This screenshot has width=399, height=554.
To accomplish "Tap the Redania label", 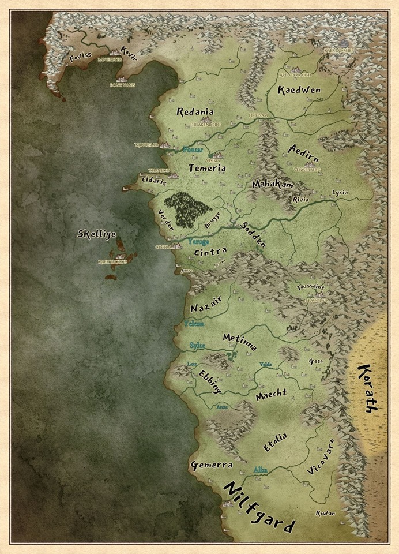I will click(195, 112).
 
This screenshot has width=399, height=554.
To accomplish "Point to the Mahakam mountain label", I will click(273, 185).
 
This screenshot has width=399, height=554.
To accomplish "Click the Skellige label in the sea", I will click(97, 234).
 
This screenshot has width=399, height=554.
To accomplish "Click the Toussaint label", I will click(311, 287).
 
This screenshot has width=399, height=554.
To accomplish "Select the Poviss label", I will click(80, 58).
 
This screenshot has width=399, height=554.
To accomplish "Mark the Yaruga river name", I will click(198, 242).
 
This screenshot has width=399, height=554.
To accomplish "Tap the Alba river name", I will click(261, 470).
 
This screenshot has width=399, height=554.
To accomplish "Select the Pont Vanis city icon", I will click(121, 78).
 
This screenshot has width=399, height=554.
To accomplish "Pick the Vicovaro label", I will click(321, 456).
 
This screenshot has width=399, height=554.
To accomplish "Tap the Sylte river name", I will click(197, 345).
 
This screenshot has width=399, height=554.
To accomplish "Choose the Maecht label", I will click(271, 395).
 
